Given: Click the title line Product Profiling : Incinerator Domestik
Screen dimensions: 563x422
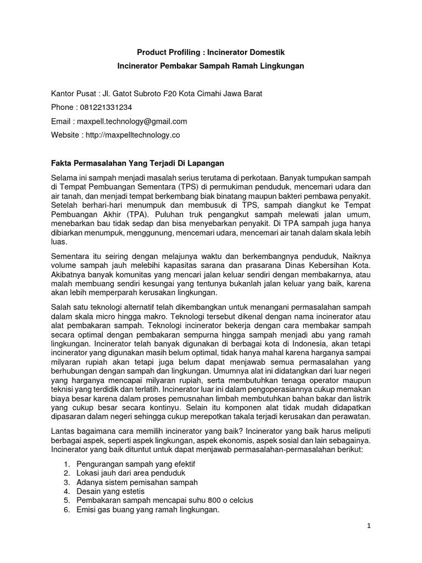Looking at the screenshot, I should pos(211,53).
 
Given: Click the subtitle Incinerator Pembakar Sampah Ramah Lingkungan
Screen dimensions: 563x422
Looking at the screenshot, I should pos(211,66).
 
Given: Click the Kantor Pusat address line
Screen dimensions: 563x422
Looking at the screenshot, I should pos(157,93).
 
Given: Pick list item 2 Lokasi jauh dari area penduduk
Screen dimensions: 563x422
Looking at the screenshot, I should pos(131,473).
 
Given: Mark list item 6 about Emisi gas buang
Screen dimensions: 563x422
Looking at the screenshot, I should pos(148,510).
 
